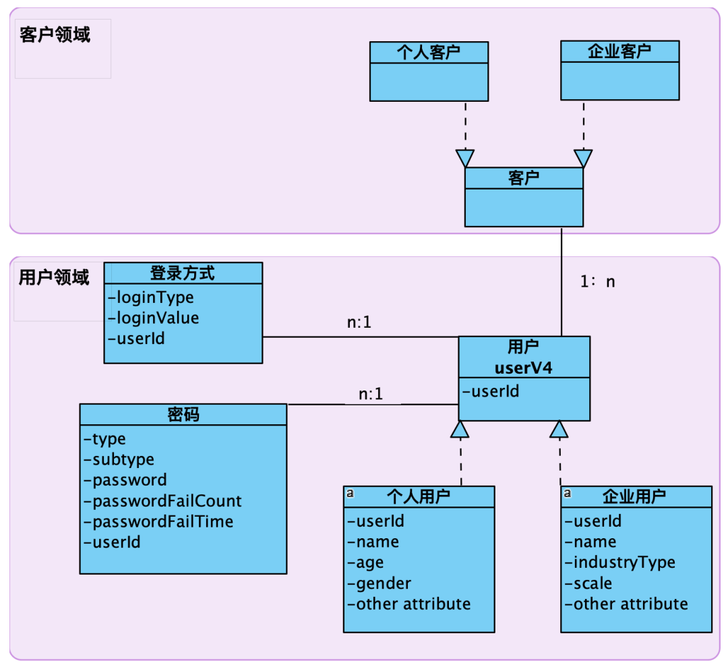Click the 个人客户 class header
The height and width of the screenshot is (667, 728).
click(429, 52)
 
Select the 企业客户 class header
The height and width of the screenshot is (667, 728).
click(619, 51)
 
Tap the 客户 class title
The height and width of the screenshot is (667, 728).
click(524, 178)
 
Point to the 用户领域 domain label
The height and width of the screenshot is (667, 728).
click(54, 277)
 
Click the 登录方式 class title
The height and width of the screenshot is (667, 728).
click(183, 273)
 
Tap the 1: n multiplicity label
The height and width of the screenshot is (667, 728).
click(598, 282)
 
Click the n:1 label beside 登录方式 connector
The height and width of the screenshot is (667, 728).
click(359, 323)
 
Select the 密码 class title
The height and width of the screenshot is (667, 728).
click(183, 415)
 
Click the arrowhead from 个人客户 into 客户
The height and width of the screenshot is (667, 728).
click(465, 158)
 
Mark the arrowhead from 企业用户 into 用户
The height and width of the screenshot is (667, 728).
click(559, 428)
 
